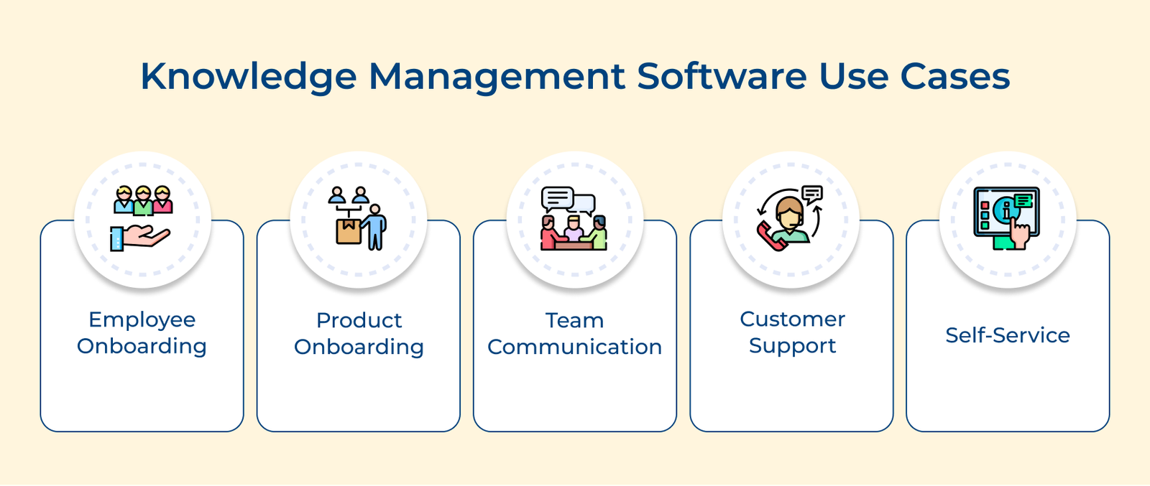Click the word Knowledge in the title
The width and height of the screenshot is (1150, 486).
[248, 76]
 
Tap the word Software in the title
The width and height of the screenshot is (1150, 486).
[722, 76]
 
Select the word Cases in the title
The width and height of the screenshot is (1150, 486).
[955, 76]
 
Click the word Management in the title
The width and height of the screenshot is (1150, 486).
[497, 76]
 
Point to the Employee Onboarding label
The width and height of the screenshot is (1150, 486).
[142, 332]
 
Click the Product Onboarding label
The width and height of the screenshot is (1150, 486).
[359, 333]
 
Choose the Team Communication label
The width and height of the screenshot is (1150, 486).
[574, 333]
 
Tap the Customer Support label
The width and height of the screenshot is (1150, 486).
[792, 332]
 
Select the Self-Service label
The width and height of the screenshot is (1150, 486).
[1007, 335]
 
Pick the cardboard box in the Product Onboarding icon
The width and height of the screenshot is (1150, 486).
[349, 230]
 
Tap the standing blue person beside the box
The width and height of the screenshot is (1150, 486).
[374, 226]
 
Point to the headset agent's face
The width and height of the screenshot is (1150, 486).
[791, 213]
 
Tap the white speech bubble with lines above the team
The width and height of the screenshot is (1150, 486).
[557, 197]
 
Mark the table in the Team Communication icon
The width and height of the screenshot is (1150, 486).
[574, 244]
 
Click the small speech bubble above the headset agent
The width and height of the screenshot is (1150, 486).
[812, 193]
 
